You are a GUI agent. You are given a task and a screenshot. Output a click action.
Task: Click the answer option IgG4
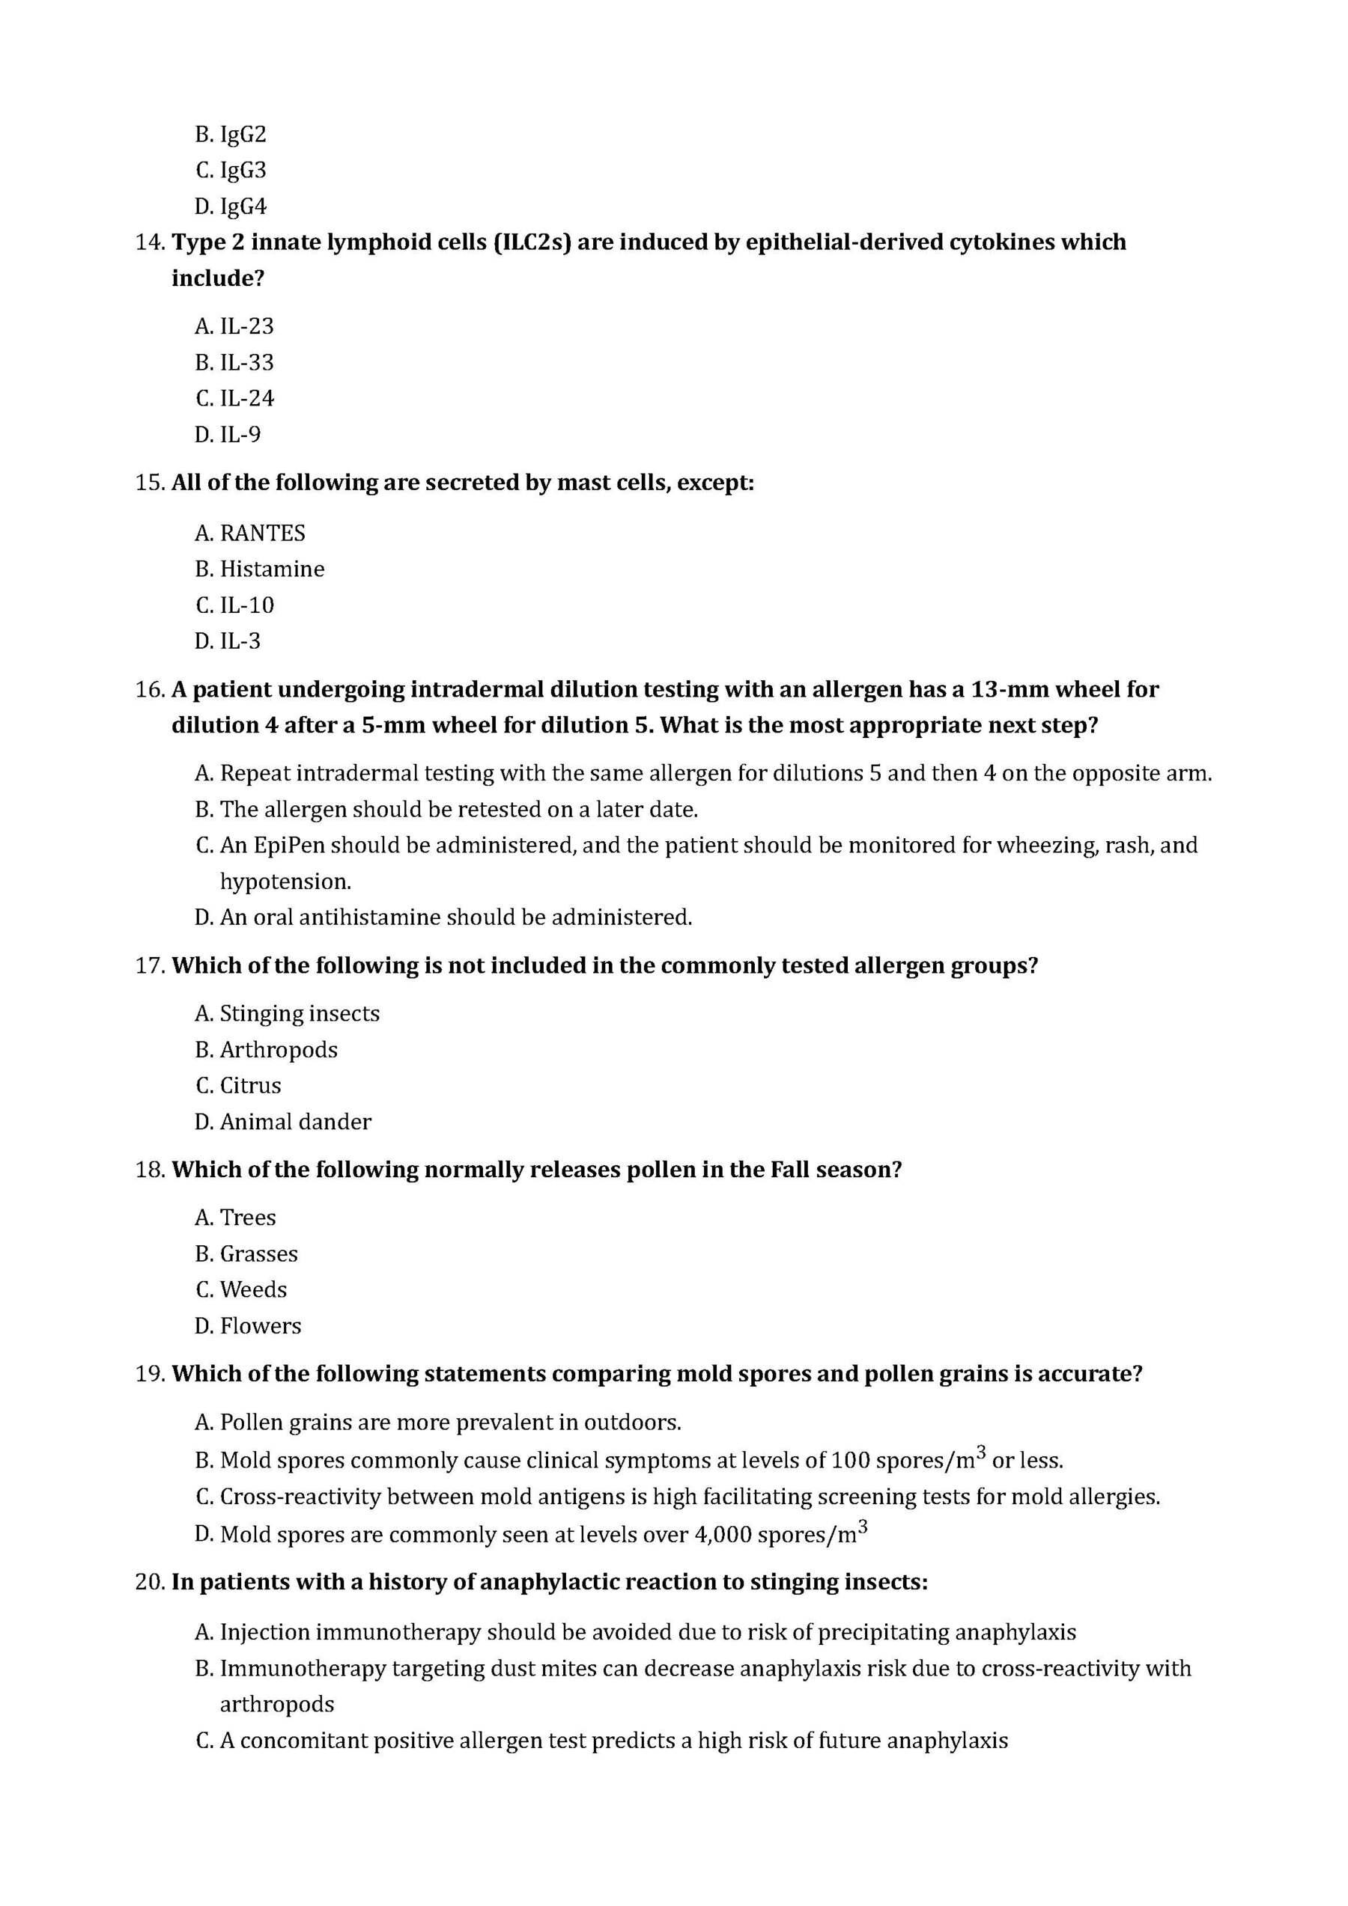(x=243, y=206)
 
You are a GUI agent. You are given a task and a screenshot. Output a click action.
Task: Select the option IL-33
(x=246, y=362)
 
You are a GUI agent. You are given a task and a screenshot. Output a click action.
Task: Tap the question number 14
(x=150, y=242)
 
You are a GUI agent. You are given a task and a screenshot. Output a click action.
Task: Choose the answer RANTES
(x=261, y=533)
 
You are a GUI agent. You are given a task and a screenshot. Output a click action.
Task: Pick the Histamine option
(x=272, y=569)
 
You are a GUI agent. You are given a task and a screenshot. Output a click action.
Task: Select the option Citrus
(x=250, y=1086)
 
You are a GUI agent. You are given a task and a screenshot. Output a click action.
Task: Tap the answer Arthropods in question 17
(x=279, y=1050)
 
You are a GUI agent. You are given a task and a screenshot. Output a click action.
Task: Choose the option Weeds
(x=253, y=1290)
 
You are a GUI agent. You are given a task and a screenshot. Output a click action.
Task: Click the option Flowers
(x=260, y=1326)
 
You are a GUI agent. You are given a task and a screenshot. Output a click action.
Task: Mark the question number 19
(x=150, y=1374)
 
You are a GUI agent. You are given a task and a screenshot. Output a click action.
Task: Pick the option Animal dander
(x=295, y=1122)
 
